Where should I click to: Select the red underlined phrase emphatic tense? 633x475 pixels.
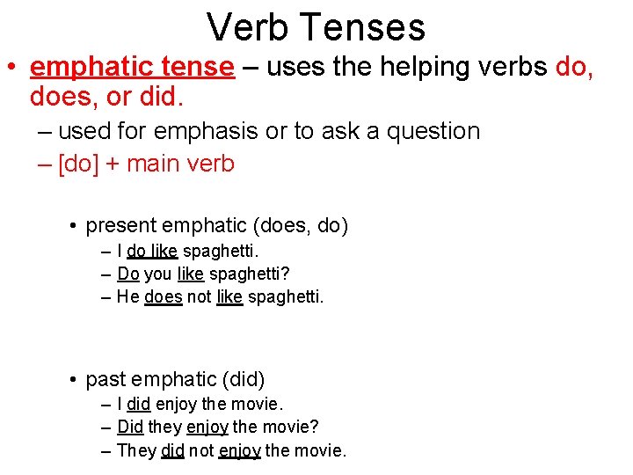132,68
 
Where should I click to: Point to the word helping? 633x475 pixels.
389,68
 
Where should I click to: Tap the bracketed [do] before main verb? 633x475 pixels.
76,164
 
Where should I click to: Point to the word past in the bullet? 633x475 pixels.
106,379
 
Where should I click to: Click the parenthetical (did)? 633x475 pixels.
244,379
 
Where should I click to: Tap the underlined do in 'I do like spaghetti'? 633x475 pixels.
136,252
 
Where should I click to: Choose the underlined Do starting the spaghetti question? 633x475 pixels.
128,274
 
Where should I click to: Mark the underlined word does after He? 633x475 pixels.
163,297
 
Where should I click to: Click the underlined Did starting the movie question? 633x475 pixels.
130,427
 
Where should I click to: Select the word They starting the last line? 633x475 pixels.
136,451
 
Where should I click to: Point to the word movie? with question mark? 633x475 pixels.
291,427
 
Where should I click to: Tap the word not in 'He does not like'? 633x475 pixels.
200,297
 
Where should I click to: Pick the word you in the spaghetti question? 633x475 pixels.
158,274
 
